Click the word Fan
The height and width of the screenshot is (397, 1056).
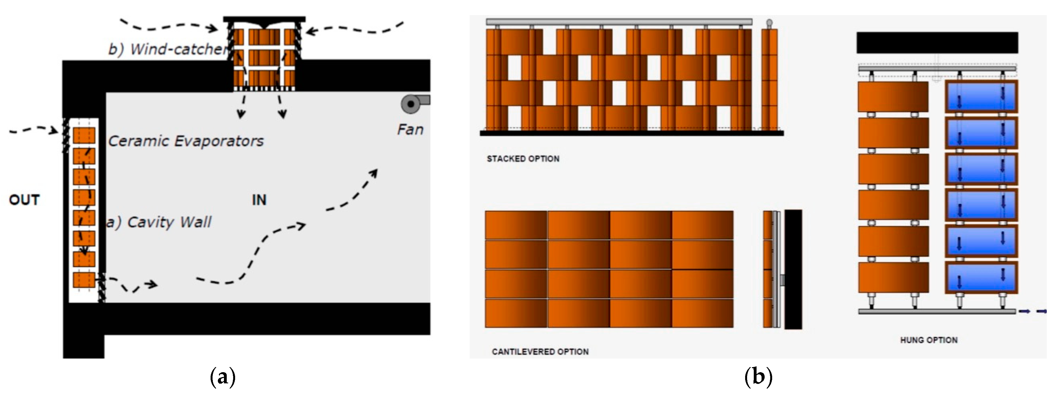pos(410,130)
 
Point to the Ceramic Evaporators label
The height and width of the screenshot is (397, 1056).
pos(186,141)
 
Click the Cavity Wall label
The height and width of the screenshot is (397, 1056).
pos(159,222)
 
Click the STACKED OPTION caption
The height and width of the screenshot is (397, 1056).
pos(523,159)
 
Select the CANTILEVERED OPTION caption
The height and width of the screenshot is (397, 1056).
pos(540,352)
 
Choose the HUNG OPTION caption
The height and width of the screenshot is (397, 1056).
pos(929,340)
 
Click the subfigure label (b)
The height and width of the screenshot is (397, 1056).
pos(758,377)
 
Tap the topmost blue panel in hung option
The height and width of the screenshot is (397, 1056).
pos(981,97)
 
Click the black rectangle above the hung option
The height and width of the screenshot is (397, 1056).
pos(937,43)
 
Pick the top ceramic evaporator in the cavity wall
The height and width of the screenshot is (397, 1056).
pos(84,135)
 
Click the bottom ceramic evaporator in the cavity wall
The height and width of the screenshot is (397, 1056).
pos(84,280)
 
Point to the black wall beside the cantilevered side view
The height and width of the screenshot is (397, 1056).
pos(793,269)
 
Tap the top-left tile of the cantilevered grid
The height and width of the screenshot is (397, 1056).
pos(516,225)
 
